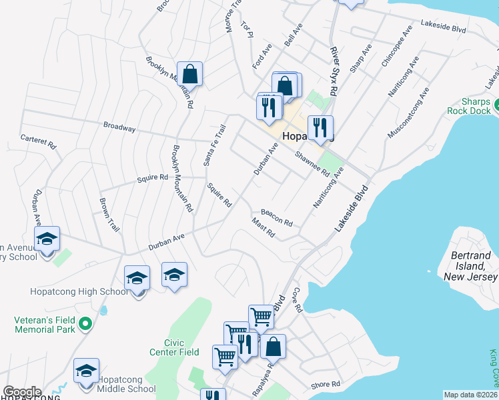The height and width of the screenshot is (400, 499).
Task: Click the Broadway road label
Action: pos(119,126)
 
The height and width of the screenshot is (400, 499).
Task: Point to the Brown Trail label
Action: pos(109,214)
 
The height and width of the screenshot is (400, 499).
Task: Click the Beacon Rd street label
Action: pos(277,217)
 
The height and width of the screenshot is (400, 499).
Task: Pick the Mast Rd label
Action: pos(264,227)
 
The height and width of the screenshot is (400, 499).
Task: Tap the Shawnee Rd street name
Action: pos(313,163)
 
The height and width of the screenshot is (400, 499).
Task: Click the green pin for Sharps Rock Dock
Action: pos(498,106)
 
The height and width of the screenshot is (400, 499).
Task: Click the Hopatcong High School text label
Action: pos(78,291)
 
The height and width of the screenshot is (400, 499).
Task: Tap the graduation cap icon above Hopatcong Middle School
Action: pos(86,370)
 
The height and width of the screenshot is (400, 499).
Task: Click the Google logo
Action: pos(22,392)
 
